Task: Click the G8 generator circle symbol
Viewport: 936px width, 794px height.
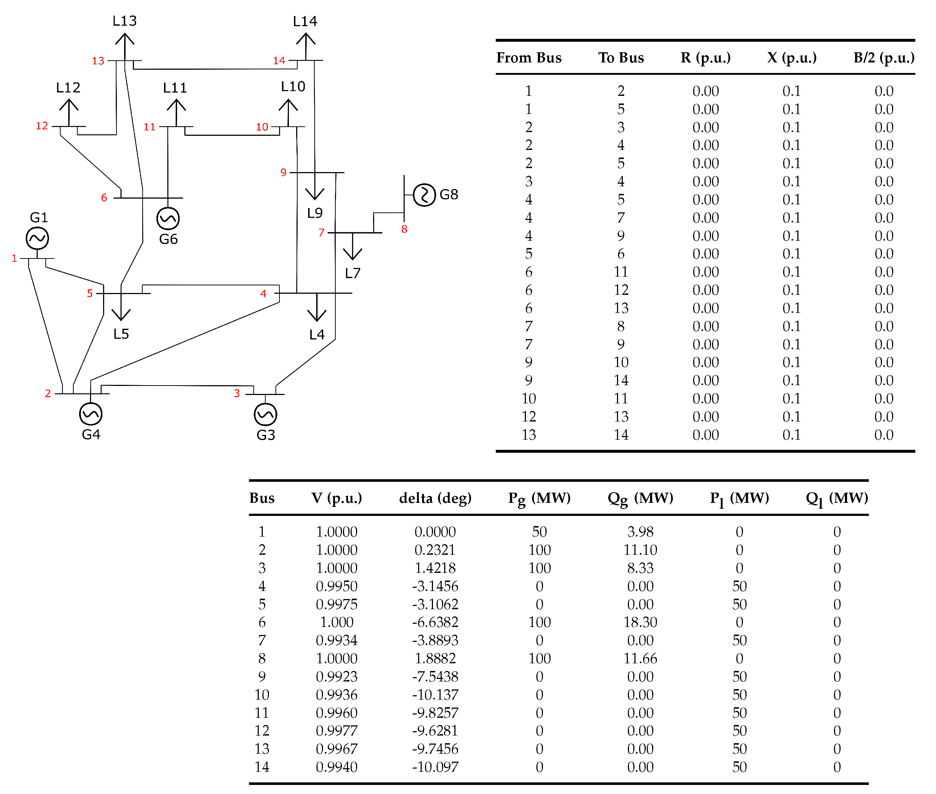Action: click(x=424, y=195)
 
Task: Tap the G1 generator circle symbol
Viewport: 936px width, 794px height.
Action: click(x=37, y=238)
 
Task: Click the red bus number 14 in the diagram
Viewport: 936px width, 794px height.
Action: click(x=279, y=60)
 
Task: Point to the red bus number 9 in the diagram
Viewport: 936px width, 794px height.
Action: click(x=283, y=172)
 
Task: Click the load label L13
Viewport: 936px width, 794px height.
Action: click(x=124, y=21)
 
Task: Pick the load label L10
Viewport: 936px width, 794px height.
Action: click(x=293, y=86)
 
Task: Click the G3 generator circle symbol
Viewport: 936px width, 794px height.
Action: click(x=266, y=415)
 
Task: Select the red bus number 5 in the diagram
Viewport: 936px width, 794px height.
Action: click(x=90, y=293)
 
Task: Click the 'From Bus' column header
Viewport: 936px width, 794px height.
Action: click(x=529, y=58)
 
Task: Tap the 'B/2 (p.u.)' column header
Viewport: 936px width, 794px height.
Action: click(x=884, y=58)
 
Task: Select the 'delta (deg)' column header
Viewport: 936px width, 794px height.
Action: click(x=435, y=498)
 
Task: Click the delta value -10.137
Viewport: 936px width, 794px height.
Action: click(x=435, y=695)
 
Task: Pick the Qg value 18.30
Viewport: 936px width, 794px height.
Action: click(x=640, y=622)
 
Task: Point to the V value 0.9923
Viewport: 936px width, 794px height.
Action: click(x=336, y=676)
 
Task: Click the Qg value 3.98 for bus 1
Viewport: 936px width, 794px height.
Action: click(x=640, y=532)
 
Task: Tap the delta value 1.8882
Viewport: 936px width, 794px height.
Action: click(x=435, y=659)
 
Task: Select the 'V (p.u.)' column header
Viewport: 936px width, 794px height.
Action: click(x=336, y=498)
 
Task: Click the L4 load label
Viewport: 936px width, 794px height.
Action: click(x=317, y=334)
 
